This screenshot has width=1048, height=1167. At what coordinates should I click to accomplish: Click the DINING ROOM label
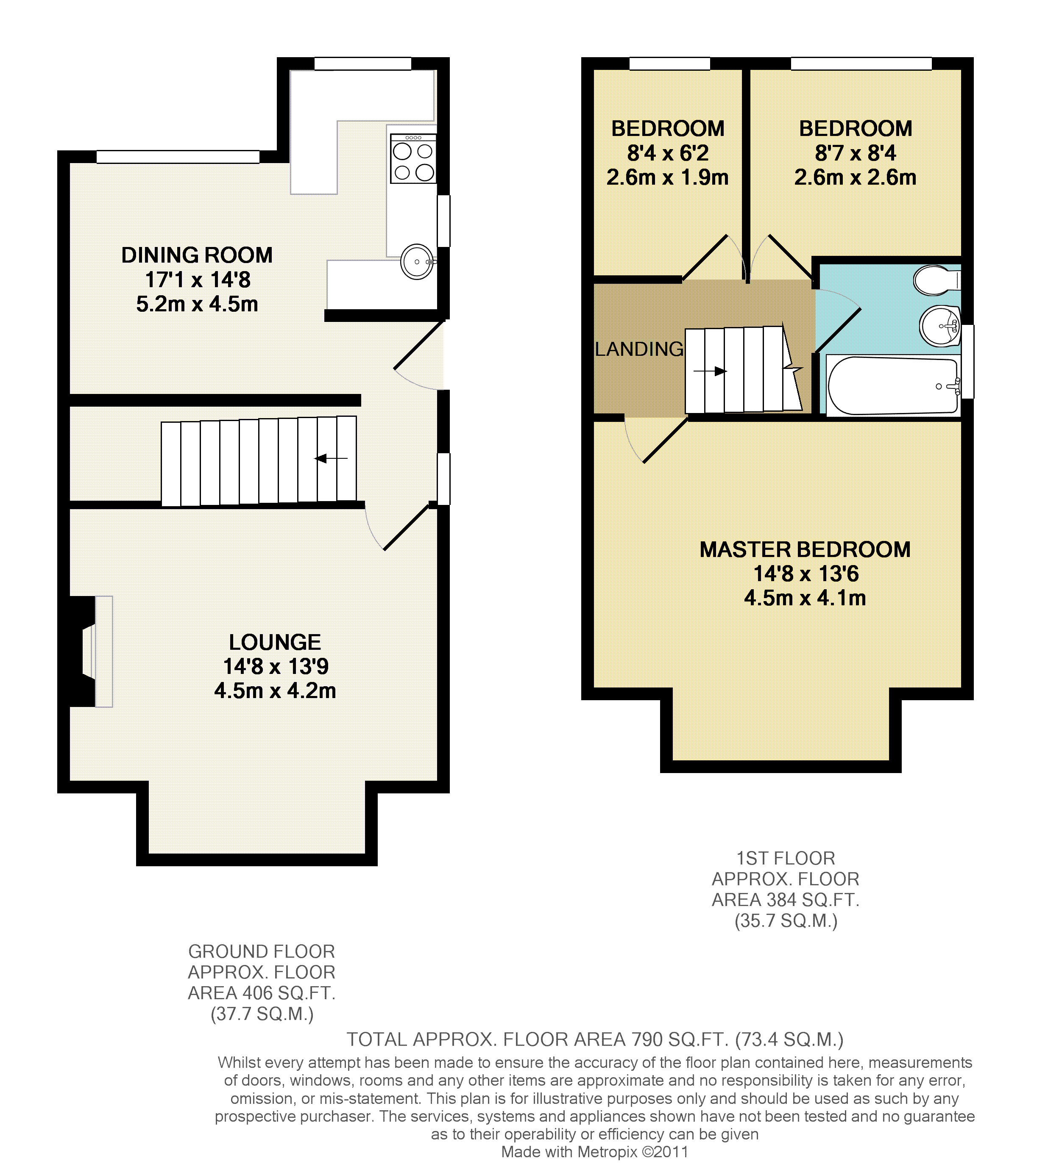[197, 255]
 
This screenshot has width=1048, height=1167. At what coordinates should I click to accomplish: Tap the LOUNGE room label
[275, 642]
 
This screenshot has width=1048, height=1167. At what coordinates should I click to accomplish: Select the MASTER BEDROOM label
[805, 549]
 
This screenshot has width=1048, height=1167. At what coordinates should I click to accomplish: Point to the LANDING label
[639, 349]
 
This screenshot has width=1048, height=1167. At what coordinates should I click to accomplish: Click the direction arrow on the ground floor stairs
[331, 458]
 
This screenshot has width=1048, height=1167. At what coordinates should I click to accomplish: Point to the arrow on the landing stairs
[710, 371]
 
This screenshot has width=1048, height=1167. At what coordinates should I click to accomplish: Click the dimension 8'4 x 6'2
[668, 153]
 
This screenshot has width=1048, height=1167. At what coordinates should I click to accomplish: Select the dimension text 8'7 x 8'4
[856, 153]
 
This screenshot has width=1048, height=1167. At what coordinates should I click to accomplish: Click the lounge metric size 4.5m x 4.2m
[275, 690]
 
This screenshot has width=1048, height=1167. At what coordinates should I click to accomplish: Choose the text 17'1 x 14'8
[198, 280]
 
